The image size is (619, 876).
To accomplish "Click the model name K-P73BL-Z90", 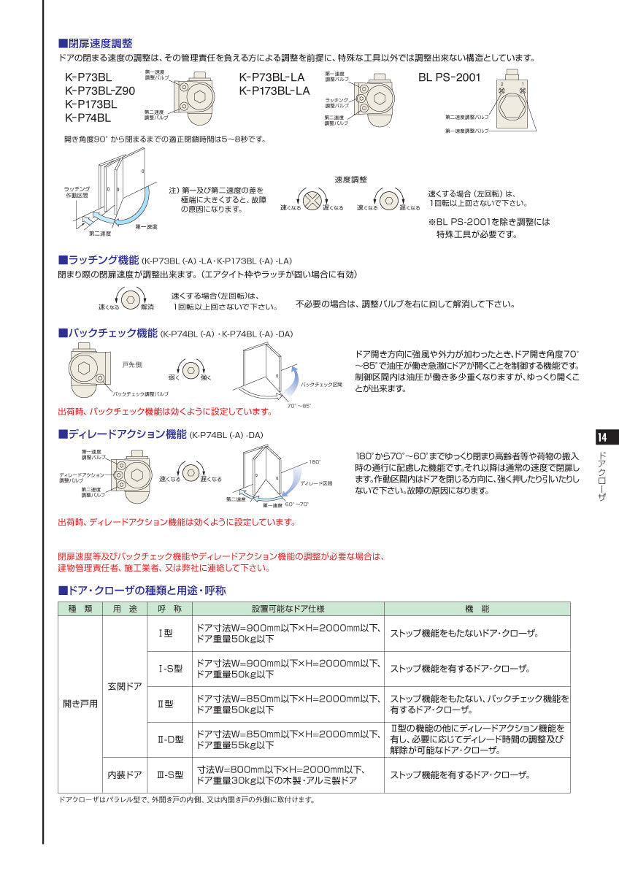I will (x=100, y=91).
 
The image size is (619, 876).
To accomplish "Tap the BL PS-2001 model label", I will (x=449, y=77).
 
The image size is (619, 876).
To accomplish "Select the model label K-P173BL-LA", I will (x=274, y=91).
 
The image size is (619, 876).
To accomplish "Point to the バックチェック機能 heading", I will (x=108, y=334).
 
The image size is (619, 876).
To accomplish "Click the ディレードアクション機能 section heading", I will (x=123, y=434).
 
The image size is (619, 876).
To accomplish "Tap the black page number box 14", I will (x=602, y=437).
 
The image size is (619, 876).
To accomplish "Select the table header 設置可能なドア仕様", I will (x=288, y=609).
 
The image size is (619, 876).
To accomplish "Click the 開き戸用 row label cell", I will (x=80, y=704).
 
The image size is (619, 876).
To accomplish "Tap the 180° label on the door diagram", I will (x=315, y=462).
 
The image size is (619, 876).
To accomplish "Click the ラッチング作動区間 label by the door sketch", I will (x=75, y=192).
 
